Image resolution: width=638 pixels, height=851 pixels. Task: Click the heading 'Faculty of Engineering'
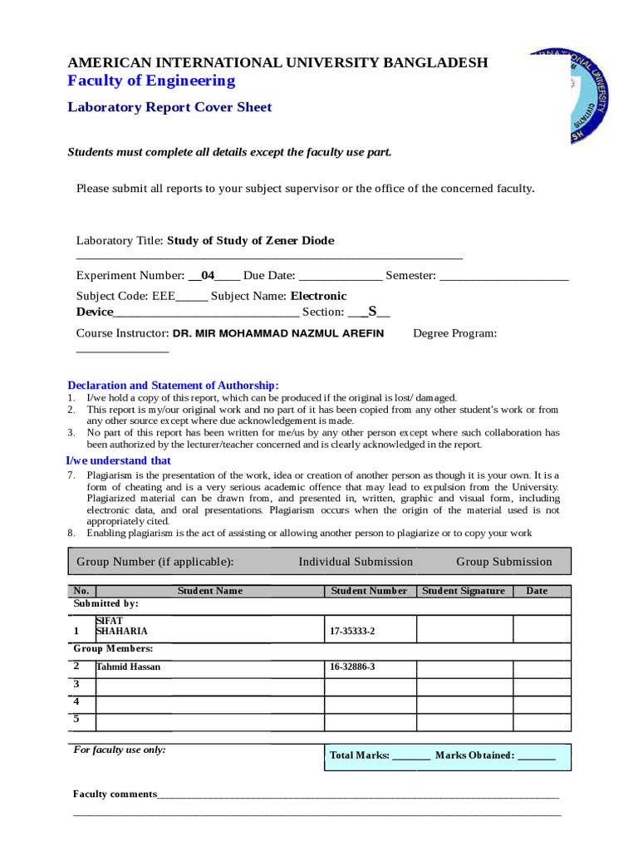(x=151, y=81)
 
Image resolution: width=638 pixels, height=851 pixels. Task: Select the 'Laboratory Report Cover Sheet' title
(x=169, y=107)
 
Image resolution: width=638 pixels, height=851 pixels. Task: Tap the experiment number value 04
(x=208, y=275)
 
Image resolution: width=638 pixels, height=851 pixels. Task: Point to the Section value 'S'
(x=373, y=312)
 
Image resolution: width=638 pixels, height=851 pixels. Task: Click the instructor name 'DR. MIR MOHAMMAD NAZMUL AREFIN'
(x=278, y=333)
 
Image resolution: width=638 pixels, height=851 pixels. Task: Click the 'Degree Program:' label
(x=455, y=333)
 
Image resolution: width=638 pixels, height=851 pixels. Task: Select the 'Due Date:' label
(x=269, y=275)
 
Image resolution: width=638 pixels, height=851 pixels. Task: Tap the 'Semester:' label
(x=410, y=275)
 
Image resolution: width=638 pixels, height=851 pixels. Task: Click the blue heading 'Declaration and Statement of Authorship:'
(x=173, y=385)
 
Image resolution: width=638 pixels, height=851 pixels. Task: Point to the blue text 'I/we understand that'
(x=119, y=460)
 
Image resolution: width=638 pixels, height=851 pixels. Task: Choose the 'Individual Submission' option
(x=356, y=562)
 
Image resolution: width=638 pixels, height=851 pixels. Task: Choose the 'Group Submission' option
(x=504, y=562)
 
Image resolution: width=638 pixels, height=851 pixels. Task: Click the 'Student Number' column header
(x=369, y=591)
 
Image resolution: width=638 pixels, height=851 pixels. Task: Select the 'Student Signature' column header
(x=464, y=591)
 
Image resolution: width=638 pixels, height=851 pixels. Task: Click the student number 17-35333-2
(x=352, y=632)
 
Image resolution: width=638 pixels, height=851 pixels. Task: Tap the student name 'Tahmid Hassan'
(x=129, y=667)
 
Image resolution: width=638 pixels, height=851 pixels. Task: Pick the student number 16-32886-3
(x=352, y=667)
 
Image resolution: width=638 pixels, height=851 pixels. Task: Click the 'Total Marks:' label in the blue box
(x=360, y=755)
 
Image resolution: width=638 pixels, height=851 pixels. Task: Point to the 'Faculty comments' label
(x=115, y=794)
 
